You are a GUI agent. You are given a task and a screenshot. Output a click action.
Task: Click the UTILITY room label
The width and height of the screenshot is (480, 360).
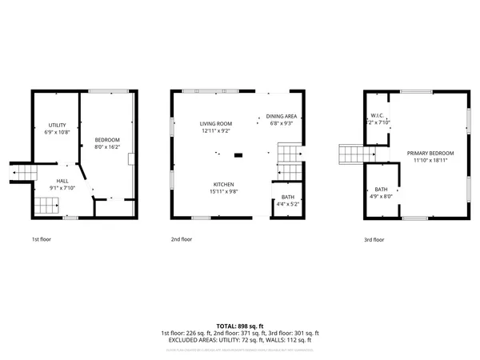(57, 125)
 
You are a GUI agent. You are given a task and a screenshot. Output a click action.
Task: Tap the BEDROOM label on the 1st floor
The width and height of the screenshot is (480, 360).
(106, 140)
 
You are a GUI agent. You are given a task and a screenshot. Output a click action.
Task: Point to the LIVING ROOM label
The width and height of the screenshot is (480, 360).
(216, 123)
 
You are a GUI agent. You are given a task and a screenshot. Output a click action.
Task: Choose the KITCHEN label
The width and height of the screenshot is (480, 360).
(224, 183)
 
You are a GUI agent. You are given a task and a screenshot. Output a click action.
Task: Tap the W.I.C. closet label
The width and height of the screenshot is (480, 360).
(378, 116)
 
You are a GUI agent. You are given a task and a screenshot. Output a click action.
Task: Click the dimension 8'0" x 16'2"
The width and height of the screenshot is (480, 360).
(107, 147)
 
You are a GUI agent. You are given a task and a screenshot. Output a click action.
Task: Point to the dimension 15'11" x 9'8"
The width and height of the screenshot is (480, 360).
(224, 190)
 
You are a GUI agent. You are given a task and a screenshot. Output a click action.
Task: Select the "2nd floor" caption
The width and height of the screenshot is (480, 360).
(182, 239)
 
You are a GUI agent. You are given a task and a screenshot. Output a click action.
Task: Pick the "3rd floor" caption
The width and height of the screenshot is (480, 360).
(374, 239)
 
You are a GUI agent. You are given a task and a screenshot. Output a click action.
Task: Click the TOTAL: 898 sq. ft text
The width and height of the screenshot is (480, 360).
(239, 326)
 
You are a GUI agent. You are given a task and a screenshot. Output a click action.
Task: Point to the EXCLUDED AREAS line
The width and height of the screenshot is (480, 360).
(239, 339)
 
